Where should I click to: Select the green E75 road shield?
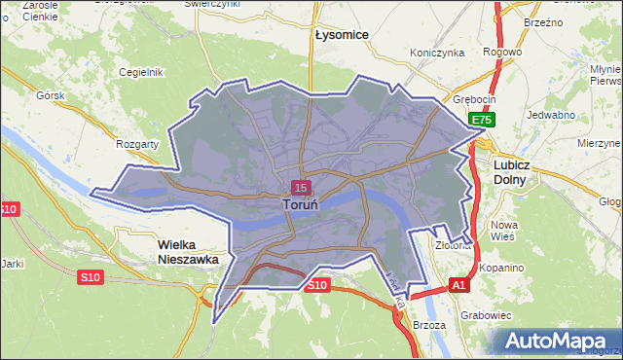click(x=484, y=120)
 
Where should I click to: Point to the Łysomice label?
click(x=342, y=34)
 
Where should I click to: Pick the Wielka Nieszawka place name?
click(x=189, y=252)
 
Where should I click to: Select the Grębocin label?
click(x=475, y=99)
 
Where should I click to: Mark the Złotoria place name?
click(x=453, y=245)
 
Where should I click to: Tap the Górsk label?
click(x=49, y=96)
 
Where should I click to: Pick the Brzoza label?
click(x=428, y=325)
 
